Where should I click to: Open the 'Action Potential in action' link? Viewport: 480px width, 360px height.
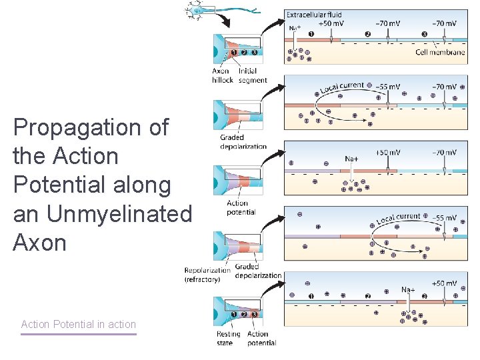[79, 325]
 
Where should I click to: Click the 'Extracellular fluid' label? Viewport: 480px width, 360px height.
[313, 14]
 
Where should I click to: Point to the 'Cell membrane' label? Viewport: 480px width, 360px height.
[440, 52]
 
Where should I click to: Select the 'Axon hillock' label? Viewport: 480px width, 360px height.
[221, 75]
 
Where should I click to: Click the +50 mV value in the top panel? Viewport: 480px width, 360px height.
[331, 23]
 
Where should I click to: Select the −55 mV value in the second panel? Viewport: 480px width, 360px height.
[388, 87]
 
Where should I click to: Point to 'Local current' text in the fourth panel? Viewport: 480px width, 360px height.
[399, 219]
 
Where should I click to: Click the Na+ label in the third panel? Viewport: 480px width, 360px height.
[351, 159]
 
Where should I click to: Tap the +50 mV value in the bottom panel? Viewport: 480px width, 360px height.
[443, 283]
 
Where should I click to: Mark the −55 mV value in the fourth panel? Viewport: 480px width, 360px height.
[444, 218]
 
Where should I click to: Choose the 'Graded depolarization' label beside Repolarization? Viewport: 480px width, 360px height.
[258, 271]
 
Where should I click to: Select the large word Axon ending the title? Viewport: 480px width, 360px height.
[40, 243]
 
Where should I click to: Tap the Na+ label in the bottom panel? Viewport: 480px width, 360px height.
[407, 289]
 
